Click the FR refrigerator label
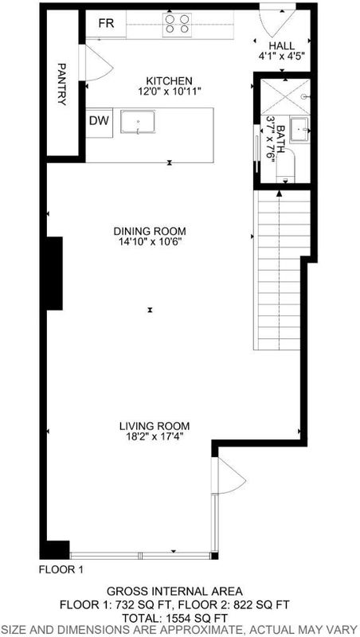coord(107,24)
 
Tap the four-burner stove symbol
coord(178,24)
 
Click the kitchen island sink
coord(138,122)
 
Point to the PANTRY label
coord(62,84)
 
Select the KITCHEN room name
coord(169,80)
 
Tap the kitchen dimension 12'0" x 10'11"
coord(169,91)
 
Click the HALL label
coord(281,45)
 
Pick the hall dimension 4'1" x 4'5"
coord(282,56)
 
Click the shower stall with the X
coord(285,97)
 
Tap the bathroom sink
coord(299,129)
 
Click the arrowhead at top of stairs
coord(279,193)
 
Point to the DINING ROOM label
coord(150,231)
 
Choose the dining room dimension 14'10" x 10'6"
coord(150,242)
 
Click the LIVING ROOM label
coord(155,426)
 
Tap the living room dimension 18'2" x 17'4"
coord(155,437)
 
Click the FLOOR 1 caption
coord(61,569)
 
